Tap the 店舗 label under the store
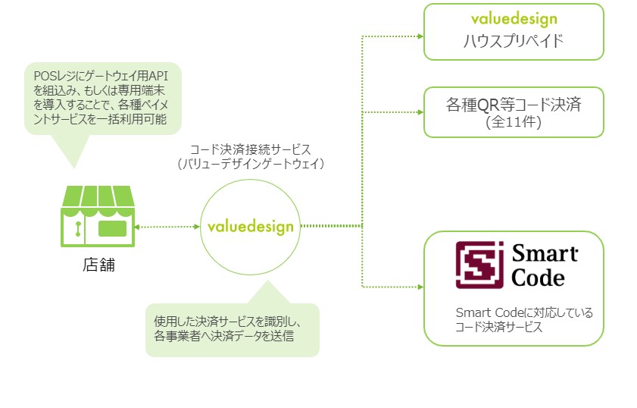[98, 266]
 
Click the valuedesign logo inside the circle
[250, 226]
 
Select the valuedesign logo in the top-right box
[514, 19]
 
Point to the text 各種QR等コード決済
[514, 103]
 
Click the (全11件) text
[513, 122]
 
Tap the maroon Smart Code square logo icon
[479, 265]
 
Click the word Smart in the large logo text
[545, 253]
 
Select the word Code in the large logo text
[539, 278]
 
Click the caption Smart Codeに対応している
[514, 312]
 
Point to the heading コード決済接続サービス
[250, 149]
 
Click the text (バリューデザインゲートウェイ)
[250, 165]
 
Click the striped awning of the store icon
[97, 199]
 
